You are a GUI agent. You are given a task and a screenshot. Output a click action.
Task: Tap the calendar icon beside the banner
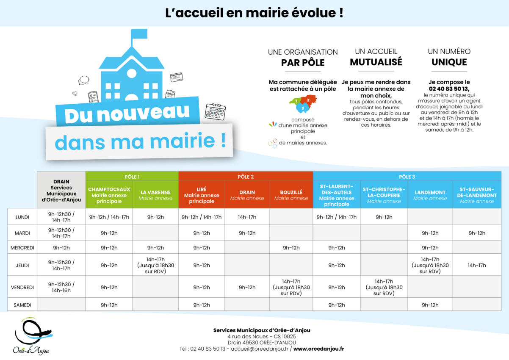[x=215, y=111]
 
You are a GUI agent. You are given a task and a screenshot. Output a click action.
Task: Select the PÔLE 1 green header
[x=132, y=176]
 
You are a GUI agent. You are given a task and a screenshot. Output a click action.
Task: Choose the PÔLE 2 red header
[x=246, y=176]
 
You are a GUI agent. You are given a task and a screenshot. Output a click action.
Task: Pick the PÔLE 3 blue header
[x=407, y=176]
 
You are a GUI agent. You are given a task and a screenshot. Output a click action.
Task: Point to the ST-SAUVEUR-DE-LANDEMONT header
[x=477, y=195]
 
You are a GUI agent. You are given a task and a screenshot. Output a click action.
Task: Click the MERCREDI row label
[x=22, y=248]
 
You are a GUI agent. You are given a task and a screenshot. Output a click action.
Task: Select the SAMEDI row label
[x=22, y=305]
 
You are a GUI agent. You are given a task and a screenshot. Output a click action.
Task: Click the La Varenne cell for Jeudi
[x=155, y=266]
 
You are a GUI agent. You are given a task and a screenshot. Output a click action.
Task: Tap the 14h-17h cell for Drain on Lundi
[x=247, y=217]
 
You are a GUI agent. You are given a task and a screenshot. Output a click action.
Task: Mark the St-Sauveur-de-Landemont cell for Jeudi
[x=477, y=266]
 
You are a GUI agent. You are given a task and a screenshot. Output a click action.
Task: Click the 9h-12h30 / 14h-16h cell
[x=61, y=287]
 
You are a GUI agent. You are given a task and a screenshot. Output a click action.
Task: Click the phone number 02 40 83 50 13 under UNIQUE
[x=449, y=89]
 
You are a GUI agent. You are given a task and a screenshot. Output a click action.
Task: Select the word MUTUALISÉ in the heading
[x=376, y=62]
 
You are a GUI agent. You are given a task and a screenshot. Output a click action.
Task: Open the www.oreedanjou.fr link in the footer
[x=318, y=349]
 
